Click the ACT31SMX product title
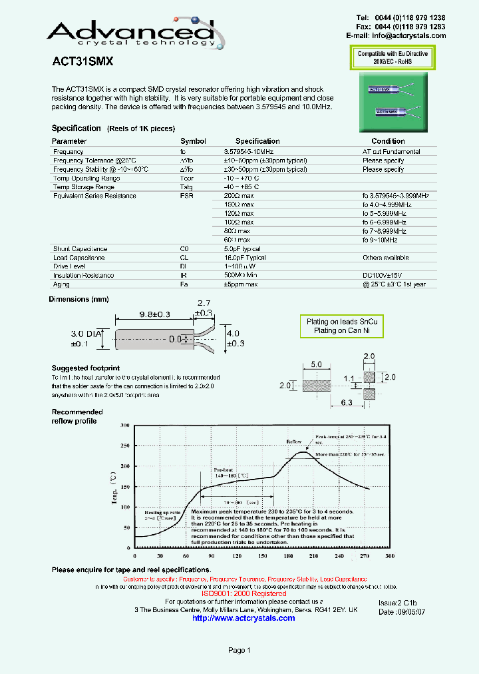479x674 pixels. pyautogui.click(x=83, y=61)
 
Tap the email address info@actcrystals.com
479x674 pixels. pyautogui.click(x=408, y=36)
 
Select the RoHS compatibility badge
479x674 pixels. pyautogui.click(x=393, y=57)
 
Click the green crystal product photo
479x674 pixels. pyautogui.click(x=393, y=101)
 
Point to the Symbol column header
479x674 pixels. pyautogui.click(x=193, y=141)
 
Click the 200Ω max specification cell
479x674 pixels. pyautogui.click(x=239, y=196)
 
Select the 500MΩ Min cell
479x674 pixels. pyautogui.click(x=240, y=276)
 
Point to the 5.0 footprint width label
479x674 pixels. pyautogui.click(x=316, y=365)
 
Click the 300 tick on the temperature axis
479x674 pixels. pyautogui.click(x=125, y=425)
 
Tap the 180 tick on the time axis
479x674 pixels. pyautogui.click(x=287, y=556)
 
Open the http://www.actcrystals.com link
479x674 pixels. pyautogui.click(x=243, y=618)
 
